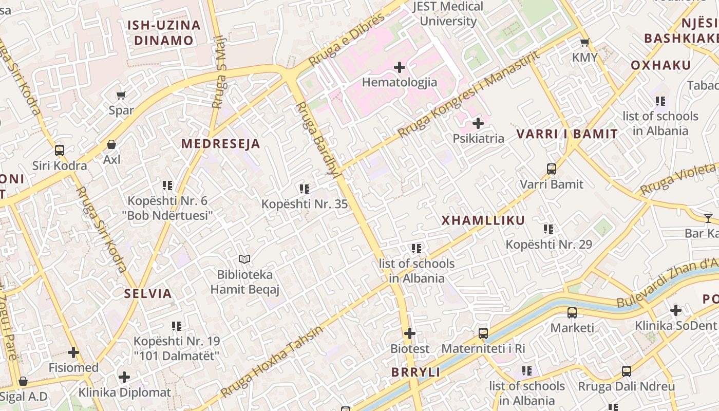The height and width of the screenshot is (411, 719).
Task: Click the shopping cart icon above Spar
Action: click(x=121, y=95)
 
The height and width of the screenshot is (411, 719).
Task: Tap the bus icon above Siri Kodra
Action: click(x=60, y=151)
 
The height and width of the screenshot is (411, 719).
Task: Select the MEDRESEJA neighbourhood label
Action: click(x=221, y=144)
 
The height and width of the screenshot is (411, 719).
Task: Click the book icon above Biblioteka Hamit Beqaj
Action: click(x=245, y=259)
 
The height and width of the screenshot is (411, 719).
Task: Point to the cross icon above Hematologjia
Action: click(x=399, y=67)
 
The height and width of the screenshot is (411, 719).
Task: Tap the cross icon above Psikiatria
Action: click(x=478, y=123)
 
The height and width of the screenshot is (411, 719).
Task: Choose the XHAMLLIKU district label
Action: click(x=483, y=220)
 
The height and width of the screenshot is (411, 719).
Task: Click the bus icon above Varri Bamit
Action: click(x=552, y=169)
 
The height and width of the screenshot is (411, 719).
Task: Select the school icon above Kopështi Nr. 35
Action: click(x=304, y=189)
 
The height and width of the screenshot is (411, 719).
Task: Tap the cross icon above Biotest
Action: click(x=409, y=333)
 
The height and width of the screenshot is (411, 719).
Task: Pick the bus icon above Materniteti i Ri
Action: click(x=483, y=333)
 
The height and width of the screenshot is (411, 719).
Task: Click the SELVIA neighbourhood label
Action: click(x=148, y=294)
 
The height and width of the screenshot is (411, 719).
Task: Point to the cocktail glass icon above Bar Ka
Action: click(x=708, y=218)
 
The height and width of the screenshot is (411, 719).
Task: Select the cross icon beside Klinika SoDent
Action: click(x=676, y=310)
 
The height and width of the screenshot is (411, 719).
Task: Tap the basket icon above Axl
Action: click(x=111, y=145)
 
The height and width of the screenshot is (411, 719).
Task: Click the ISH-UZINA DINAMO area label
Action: click(x=163, y=32)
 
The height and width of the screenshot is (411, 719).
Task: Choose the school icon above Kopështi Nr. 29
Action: click(x=548, y=229)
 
